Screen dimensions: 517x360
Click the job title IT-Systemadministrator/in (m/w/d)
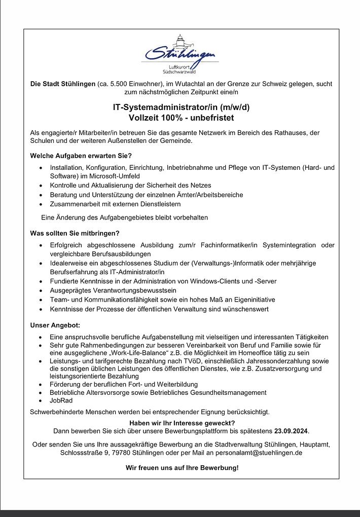coord(181,107)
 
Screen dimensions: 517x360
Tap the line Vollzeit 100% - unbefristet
coord(181,118)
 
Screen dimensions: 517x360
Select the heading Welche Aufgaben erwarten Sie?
coord(81,155)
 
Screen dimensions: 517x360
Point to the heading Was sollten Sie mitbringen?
coord(75,233)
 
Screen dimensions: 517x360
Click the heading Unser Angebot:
coord(55,324)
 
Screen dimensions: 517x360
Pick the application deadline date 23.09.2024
coord(291,431)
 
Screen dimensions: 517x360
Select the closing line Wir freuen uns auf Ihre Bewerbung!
coord(181,467)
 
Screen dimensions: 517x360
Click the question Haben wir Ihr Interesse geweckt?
coord(181,423)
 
